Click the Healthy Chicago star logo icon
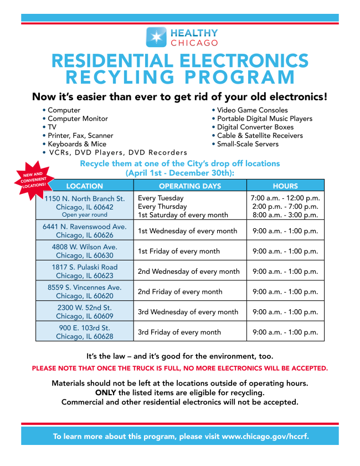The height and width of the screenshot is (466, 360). [x=156, y=37]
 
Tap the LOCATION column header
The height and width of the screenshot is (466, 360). [x=85, y=186]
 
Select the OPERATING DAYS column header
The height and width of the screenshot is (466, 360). [x=189, y=186]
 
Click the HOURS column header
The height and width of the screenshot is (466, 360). [x=285, y=186]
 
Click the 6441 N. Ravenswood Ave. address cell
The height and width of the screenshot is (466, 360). [x=85, y=231]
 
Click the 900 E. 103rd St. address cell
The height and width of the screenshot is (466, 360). [x=85, y=332]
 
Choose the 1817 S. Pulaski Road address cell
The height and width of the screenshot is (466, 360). [x=85, y=271]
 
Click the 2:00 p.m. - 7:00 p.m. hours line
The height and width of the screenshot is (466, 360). [x=285, y=206]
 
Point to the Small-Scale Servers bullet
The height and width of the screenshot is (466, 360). [x=248, y=144]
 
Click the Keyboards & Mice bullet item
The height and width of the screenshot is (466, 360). [x=77, y=144]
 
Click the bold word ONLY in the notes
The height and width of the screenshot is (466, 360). [x=105, y=392]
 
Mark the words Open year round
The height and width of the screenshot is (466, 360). [x=85, y=215]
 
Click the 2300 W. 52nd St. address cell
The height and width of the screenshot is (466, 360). [x=85, y=311]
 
